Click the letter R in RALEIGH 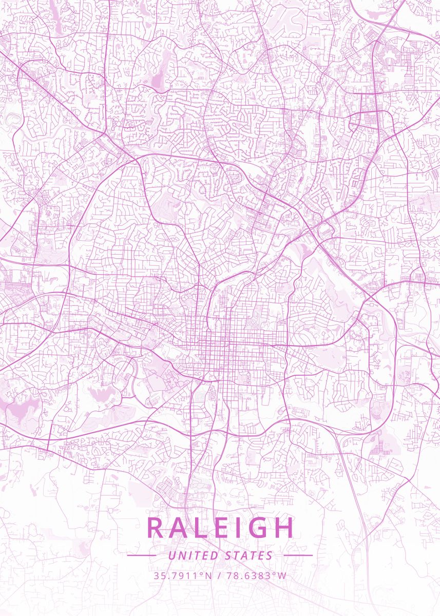point(156,528)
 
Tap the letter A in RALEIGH point(181,528)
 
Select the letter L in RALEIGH point(203,528)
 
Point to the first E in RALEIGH point(223,528)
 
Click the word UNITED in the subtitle point(193,555)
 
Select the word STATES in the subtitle point(249,555)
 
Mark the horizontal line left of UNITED point(141,555)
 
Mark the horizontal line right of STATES point(298,555)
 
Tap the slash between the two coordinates point(219,575)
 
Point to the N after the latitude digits point(208,575)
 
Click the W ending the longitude point(282,575)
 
